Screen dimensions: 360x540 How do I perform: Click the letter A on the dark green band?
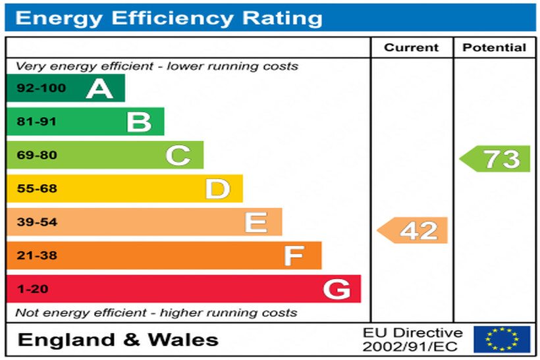(99, 88)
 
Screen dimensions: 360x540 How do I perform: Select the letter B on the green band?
(139, 122)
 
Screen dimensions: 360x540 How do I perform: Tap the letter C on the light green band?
(178, 155)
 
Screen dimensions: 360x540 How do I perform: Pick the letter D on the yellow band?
(217, 189)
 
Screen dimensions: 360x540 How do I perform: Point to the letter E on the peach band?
(256, 222)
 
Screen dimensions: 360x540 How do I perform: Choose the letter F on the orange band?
(294, 255)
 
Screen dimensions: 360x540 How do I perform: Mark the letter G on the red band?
(337, 289)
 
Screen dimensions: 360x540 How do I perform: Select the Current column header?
(411, 47)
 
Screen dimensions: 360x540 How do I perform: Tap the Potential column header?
(494, 47)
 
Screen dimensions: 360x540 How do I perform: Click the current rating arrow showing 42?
(414, 230)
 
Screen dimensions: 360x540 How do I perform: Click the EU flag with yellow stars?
(502, 339)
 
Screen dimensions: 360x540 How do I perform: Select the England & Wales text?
(118, 340)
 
